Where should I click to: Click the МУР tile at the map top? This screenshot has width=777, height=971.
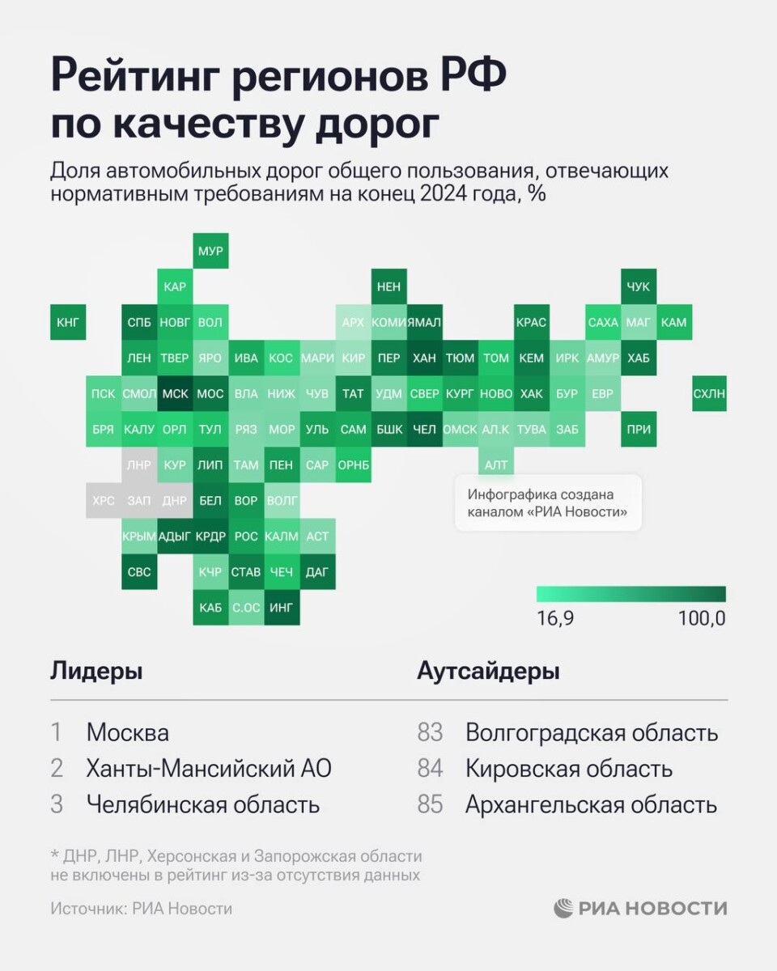(210, 251)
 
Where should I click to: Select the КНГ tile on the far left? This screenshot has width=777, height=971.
(68, 322)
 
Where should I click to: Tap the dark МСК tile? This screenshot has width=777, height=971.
(175, 393)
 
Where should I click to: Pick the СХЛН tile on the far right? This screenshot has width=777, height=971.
(709, 393)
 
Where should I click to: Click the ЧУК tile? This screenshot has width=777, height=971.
(638, 286)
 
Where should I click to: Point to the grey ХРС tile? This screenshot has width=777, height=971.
(104, 500)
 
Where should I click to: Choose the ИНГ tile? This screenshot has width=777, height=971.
(282, 607)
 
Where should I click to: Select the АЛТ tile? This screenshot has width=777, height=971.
(495, 464)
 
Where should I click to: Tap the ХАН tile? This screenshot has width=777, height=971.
(424, 358)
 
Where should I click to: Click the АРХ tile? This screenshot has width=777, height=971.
(353, 322)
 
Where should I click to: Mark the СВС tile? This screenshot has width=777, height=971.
(139, 571)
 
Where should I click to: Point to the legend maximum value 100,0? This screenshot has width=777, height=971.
(702, 619)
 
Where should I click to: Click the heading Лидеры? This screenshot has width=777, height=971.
(96, 671)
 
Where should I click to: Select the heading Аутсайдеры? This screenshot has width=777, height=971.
(488, 671)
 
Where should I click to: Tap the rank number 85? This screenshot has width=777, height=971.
(431, 804)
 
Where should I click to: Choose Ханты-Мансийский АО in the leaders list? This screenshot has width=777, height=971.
(209, 769)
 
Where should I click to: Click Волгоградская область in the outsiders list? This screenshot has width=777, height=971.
(592, 733)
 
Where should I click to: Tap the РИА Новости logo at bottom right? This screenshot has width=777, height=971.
(640, 908)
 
